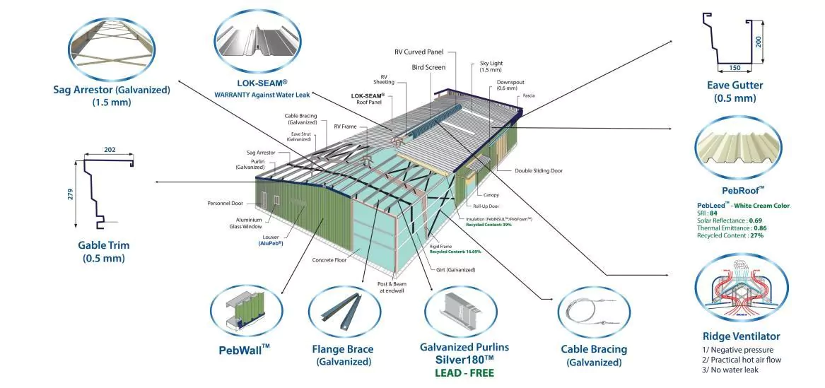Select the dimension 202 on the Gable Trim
tap(109, 150)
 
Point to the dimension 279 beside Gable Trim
tap(70, 194)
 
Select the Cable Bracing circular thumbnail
tap(592, 312)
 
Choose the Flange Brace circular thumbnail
tap(342, 312)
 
